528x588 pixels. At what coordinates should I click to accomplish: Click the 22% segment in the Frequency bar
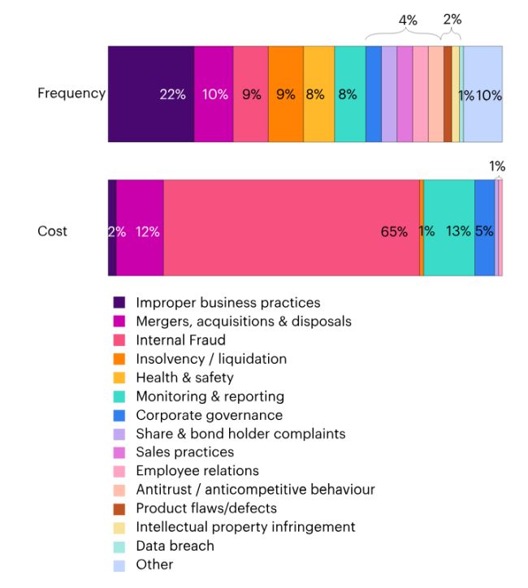pyautogui.click(x=151, y=94)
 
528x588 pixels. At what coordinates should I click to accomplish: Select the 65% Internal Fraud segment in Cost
pyautogui.click(x=291, y=228)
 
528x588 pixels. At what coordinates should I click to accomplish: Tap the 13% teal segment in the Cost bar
pyautogui.click(x=448, y=228)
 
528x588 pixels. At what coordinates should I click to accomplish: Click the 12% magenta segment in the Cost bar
pyautogui.click(x=140, y=228)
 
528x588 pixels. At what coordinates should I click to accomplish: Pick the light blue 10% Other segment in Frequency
pyautogui.click(x=483, y=94)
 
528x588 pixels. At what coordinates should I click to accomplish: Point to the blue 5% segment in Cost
pyautogui.click(x=484, y=228)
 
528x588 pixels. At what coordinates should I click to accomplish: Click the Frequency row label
pyautogui.click(x=71, y=93)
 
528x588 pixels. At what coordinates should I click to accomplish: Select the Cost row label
pyautogui.click(x=52, y=231)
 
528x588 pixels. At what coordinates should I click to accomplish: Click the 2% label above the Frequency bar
pyautogui.click(x=452, y=20)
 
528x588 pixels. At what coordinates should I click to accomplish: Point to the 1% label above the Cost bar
pyautogui.click(x=496, y=166)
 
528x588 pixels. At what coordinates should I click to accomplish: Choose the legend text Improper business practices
pyautogui.click(x=228, y=303)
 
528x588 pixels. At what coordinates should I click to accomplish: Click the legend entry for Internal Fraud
pyautogui.click(x=180, y=340)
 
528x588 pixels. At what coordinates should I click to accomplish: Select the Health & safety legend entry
pyautogui.click(x=184, y=378)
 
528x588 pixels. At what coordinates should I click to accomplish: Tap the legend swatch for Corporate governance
pyautogui.click(x=119, y=415)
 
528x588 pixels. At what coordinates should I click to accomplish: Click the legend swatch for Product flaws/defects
pyautogui.click(x=119, y=508)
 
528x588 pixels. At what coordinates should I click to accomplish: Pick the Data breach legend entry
pyautogui.click(x=175, y=546)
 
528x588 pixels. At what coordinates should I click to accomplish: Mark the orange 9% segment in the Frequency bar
pyautogui.click(x=285, y=94)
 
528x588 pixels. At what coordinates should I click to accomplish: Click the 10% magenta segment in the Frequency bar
pyautogui.click(x=214, y=94)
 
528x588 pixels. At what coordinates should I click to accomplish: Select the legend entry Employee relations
pyautogui.click(x=197, y=471)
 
